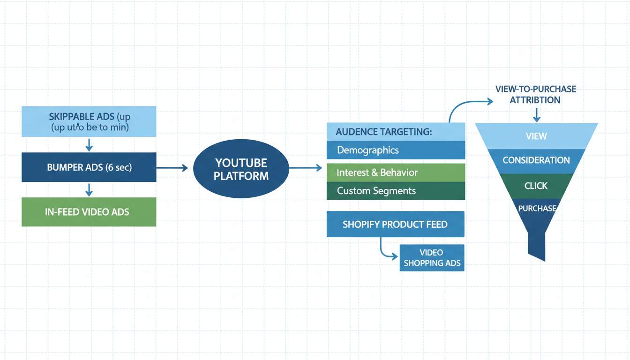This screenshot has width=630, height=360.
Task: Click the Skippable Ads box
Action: (x=89, y=121)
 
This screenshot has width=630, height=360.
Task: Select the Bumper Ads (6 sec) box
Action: (x=89, y=167)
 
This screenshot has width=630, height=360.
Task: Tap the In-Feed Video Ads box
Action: (x=89, y=212)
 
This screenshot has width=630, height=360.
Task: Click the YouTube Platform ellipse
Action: (x=241, y=169)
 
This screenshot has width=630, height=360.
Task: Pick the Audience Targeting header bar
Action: (x=396, y=132)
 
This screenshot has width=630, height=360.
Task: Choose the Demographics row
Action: (x=396, y=150)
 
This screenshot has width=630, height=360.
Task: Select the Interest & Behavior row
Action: (x=396, y=172)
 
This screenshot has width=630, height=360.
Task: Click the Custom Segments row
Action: (x=396, y=191)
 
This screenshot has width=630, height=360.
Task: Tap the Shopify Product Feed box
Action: (x=395, y=224)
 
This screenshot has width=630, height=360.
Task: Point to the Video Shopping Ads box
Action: (x=432, y=258)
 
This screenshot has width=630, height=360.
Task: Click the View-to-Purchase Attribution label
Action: (x=536, y=94)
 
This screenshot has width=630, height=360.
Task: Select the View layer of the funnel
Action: (x=536, y=136)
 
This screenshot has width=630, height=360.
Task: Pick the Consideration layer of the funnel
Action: (x=536, y=160)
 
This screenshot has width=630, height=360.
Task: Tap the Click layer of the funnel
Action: (x=536, y=186)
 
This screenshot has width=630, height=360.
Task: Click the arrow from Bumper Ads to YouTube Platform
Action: (x=172, y=167)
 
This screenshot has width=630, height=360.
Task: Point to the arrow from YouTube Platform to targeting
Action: (x=306, y=167)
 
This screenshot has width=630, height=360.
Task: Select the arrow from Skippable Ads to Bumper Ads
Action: (x=89, y=144)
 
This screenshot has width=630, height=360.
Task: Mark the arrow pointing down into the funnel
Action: (x=536, y=115)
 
